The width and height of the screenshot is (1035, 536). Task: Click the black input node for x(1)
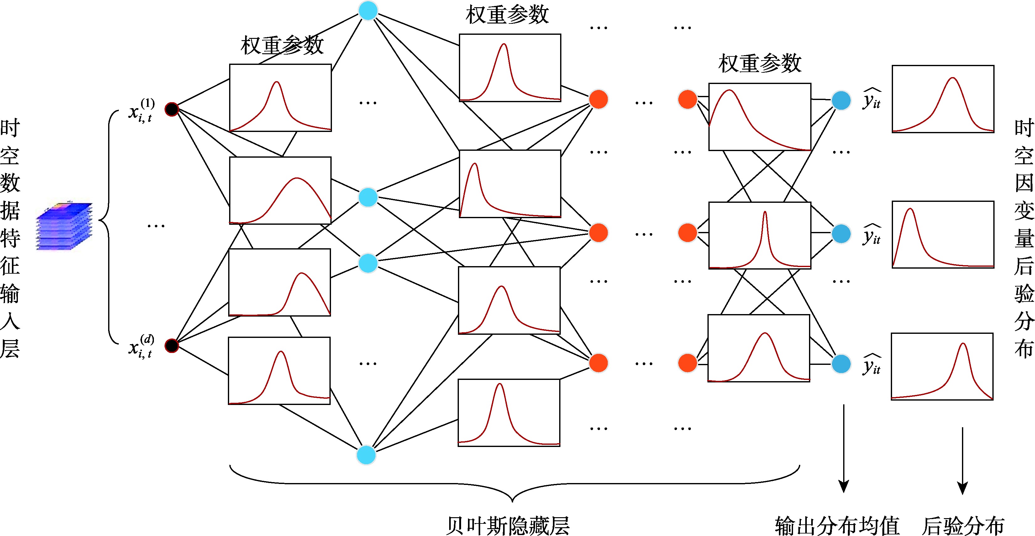coord(171,109)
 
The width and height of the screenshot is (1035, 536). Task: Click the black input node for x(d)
coord(171,345)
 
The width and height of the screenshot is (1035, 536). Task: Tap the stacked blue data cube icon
coord(64,226)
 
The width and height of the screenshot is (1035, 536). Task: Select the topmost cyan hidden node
coord(368,11)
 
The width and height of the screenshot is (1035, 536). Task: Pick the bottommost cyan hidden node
coord(366,455)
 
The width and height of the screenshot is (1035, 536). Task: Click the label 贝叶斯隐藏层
coord(508,525)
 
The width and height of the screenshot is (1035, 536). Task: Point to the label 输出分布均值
coord(837,525)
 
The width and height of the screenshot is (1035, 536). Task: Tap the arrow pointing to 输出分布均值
coord(844,448)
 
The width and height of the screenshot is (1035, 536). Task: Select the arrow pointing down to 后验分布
coord(962,460)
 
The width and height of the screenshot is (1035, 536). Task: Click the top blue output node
coord(841,100)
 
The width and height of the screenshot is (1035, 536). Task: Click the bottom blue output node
coord(841,364)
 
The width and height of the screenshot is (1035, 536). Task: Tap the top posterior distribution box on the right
coord(943,99)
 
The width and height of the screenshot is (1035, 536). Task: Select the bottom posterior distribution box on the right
coord(942,366)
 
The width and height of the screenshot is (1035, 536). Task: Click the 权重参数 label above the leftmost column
coord(282,45)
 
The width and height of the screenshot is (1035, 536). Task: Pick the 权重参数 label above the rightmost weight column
coord(760,64)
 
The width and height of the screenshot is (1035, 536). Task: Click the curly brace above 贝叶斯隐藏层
coord(514,484)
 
